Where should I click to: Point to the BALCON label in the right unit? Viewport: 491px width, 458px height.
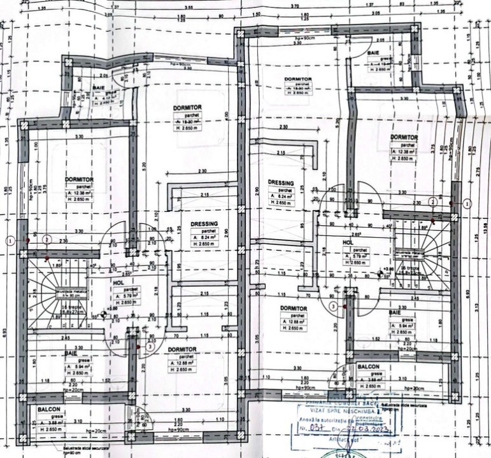pos(369,367)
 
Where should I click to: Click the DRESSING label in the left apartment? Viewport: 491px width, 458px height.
pos(204,224)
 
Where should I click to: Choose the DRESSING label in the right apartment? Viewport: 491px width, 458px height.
pos(280,182)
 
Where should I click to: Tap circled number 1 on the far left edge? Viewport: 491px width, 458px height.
pos(10,240)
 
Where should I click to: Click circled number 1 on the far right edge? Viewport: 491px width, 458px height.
pos(467,204)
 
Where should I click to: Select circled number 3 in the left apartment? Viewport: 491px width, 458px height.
pos(148,347)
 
